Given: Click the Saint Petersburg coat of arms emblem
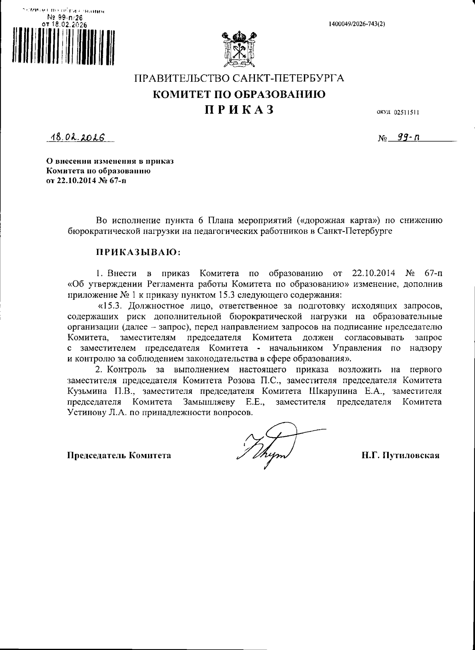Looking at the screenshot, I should point(238,48).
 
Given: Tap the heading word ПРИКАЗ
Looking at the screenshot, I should point(239,109).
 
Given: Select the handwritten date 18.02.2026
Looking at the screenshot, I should point(76,137).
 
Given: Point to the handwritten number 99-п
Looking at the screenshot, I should point(404,137).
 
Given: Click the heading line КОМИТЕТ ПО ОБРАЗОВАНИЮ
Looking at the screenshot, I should point(239,94).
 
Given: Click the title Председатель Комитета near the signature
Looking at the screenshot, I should point(119,455).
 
